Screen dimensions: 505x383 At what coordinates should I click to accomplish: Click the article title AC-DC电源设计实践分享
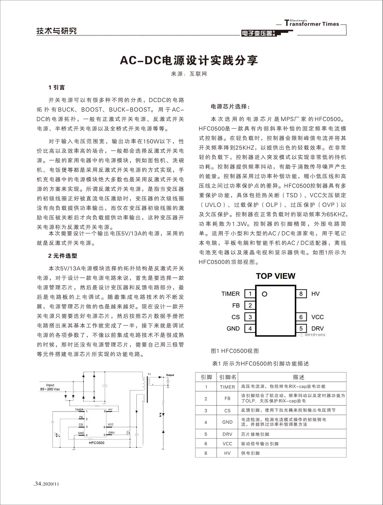click(x=189, y=60)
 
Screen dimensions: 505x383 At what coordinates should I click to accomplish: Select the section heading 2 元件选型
click(x=62, y=256)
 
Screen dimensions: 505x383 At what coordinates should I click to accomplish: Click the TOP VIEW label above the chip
click(x=275, y=276)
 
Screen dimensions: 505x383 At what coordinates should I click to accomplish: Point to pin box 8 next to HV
click(x=301, y=294)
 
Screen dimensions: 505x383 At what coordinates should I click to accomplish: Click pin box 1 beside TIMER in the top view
click(x=250, y=294)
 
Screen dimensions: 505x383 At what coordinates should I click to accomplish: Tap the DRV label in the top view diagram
click(x=318, y=329)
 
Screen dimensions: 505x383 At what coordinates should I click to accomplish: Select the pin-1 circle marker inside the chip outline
click(x=264, y=294)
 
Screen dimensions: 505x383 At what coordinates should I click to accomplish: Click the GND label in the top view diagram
click(x=233, y=329)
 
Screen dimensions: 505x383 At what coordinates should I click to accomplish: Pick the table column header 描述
click(x=299, y=377)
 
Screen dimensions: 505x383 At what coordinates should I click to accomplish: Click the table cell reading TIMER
click(x=227, y=387)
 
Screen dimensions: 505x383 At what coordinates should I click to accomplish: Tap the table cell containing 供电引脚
click(x=251, y=453)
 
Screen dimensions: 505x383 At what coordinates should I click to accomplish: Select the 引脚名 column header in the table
click(x=228, y=377)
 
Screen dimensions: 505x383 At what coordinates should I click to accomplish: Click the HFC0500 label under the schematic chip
click(x=97, y=443)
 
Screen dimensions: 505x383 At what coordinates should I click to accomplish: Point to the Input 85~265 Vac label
click(x=50, y=387)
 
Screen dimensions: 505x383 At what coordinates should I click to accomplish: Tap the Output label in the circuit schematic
click(x=170, y=375)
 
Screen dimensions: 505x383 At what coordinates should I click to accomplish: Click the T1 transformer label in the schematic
click(x=149, y=374)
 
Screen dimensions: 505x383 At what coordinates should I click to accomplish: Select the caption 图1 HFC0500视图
click(x=235, y=351)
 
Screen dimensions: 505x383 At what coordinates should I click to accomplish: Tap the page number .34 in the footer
click(x=37, y=484)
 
